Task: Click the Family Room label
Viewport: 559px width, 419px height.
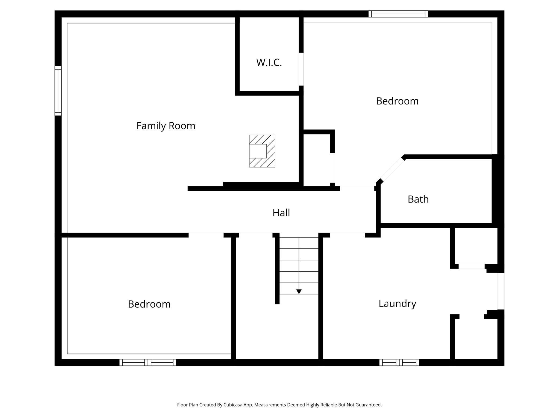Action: (166, 126)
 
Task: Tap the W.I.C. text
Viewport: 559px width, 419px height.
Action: (269, 62)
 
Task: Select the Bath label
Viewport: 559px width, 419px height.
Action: (418, 199)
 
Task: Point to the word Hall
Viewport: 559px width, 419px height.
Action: (281, 212)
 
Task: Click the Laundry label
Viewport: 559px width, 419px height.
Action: (397, 304)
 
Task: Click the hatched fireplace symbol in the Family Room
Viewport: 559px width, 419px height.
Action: (262, 151)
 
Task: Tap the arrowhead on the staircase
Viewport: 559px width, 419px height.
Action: (299, 292)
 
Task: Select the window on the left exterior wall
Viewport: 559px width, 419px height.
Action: (58, 91)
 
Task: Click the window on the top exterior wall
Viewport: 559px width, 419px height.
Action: (398, 14)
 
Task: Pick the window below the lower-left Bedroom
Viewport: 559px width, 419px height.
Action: (148, 362)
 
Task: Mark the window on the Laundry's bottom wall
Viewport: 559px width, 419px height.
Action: (399, 362)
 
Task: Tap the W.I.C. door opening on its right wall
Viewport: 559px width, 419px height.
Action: (301, 69)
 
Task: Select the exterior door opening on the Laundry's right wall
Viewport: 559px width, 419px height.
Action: (501, 291)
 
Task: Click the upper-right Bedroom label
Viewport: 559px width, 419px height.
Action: (397, 101)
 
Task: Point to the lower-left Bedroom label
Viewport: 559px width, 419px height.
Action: (149, 304)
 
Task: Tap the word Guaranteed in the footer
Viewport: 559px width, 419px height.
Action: (368, 405)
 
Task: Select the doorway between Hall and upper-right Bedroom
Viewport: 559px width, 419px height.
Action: (357, 189)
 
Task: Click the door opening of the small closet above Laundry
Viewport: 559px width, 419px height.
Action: (472, 266)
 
